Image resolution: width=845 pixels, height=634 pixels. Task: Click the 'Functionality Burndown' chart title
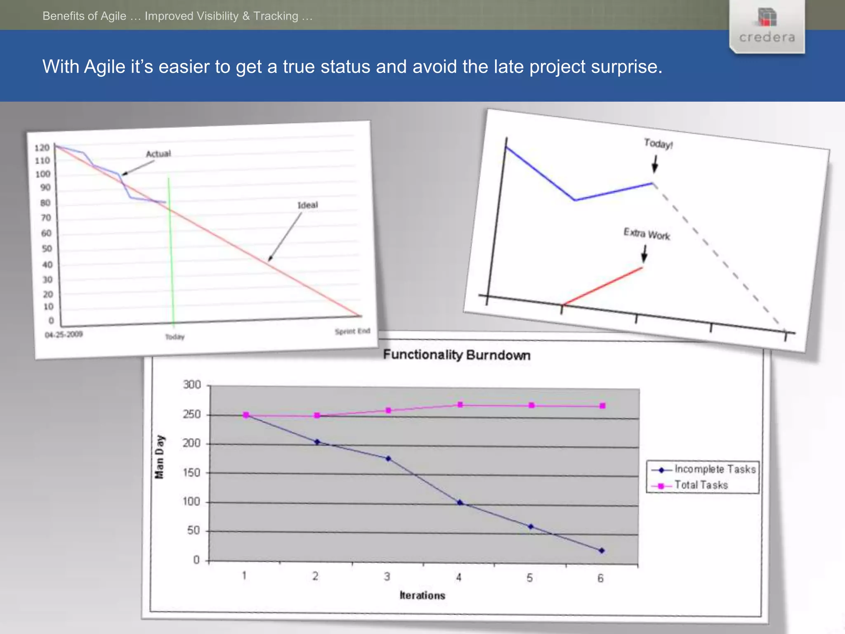(x=456, y=355)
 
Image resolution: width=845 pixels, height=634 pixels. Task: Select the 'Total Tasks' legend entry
(x=701, y=485)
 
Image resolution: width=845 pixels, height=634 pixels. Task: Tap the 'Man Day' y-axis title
(x=159, y=457)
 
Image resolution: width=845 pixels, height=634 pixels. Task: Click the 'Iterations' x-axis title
(x=422, y=595)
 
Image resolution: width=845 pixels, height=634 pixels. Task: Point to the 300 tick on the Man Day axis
(x=191, y=385)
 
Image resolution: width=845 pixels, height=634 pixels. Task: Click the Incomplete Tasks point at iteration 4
(x=460, y=502)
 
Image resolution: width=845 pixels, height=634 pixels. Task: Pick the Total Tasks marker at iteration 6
(x=602, y=406)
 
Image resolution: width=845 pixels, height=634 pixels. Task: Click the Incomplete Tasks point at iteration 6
(x=602, y=550)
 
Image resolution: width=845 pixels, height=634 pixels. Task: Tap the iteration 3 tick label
(x=387, y=577)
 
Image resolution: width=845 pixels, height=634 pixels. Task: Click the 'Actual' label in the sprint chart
(x=158, y=154)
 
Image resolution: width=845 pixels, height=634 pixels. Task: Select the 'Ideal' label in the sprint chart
(x=308, y=205)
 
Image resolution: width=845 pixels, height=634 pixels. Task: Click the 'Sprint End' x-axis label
(x=352, y=331)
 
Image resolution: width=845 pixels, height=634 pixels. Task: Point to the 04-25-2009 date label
(x=64, y=334)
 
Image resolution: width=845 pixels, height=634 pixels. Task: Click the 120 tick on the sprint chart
(x=42, y=148)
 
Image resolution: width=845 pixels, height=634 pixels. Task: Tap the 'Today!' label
(x=658, y=144)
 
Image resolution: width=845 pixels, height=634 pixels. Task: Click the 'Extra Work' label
(x=647, y=234)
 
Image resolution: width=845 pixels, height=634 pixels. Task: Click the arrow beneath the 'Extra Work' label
(x=644, y=254)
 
